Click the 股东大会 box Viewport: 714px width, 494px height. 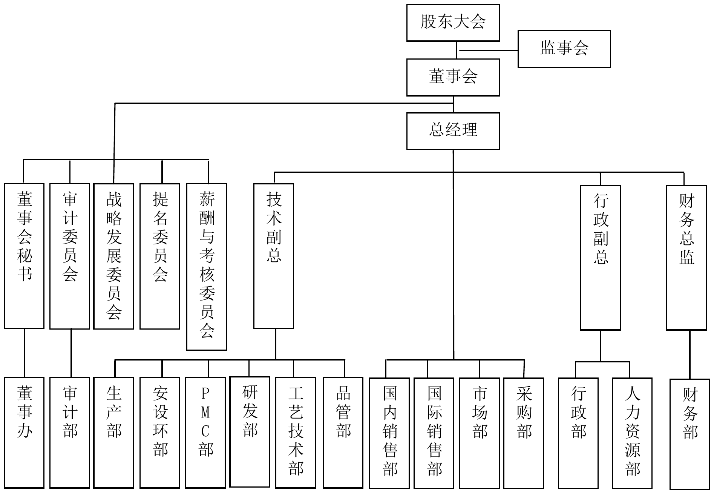(453, 23)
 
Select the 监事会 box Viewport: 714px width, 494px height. (564, 49)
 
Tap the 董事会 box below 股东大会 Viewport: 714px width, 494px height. (453, 77)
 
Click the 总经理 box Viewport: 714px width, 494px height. (453, 131)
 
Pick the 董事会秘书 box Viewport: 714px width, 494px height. (24, 256)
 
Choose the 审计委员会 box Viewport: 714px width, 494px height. (70, 256)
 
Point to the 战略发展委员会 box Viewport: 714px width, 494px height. (113, 256)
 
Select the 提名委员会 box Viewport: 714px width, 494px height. (160, 256)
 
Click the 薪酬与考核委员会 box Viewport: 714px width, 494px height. (207, 267)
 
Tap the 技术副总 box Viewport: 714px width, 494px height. (274, 256)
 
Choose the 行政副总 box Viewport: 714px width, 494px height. (600, 257)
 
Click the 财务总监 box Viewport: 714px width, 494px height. (686, 257)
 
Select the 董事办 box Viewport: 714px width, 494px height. (24, 433)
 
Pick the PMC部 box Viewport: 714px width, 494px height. (205, 433)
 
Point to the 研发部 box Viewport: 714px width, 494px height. (250, 432)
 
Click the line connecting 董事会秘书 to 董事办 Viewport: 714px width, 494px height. (25, 353)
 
